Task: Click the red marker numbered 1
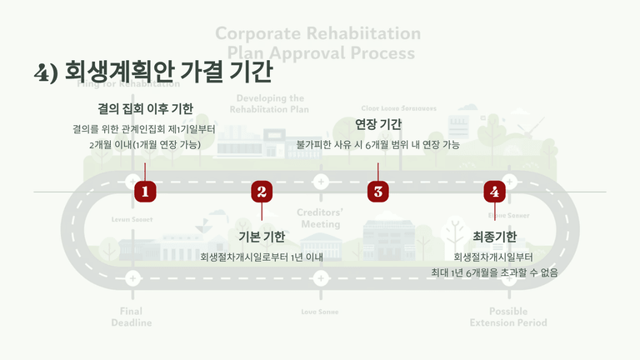click(x=145, y=192)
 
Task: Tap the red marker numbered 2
click(x=262, y=192)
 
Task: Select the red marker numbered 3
click(x=378, y=192)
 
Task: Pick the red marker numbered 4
click(x=495, y=192)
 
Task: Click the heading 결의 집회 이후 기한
click(x=145, y=108)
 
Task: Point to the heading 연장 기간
click(x=378, y=124)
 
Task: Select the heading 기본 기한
click(x=262, y=237)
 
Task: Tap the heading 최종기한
click(x=494, y=237)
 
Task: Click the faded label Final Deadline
click(x=132, y=317)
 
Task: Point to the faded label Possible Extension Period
click(x=507, y=317)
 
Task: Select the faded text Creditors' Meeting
click(x=320, y=218)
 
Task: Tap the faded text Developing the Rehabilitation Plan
click(x=269, y=103)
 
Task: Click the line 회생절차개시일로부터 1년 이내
click(x=262, y=257)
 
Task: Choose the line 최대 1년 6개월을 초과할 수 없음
click(x=494, y=272)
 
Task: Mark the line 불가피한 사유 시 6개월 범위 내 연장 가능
click(x=378, y=144)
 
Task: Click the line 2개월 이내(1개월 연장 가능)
click(x=145, y=144)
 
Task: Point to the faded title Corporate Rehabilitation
click(x=317, y=34)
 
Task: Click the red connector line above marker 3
click(x=378, y=172)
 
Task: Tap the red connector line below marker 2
click(x=262, y=212)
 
